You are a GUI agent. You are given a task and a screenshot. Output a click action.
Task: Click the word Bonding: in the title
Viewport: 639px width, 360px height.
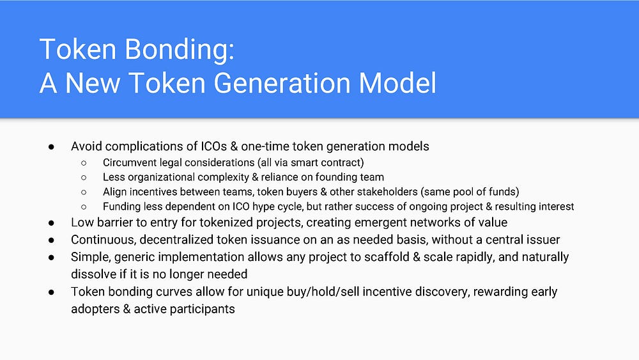[180, 50]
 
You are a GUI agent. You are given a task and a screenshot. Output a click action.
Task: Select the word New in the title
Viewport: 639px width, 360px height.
[93, 82]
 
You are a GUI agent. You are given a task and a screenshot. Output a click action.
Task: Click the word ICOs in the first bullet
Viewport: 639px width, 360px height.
[213, 146]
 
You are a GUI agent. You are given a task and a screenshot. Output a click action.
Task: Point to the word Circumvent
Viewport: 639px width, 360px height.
[129, 162]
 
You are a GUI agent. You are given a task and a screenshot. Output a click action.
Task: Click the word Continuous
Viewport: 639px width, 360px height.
[103, 240]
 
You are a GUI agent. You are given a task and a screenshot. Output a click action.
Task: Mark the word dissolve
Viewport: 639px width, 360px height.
[93, 274]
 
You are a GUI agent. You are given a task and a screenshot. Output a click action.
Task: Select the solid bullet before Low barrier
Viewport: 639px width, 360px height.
[51, 223]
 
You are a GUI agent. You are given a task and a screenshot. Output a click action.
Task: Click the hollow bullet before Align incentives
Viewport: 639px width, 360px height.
[84, 192]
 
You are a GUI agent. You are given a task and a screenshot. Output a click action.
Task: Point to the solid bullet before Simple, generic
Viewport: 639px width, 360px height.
[51, 258]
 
